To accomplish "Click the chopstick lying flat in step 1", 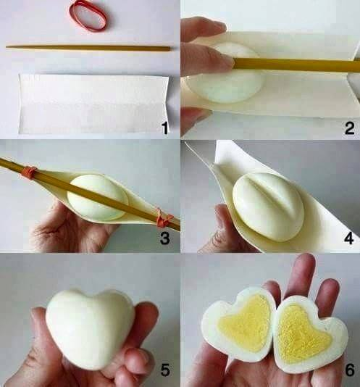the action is [88, 48].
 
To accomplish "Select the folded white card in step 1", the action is [93, 104].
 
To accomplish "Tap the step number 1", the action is [164, 128].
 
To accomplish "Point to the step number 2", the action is [349, 128].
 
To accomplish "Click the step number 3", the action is [165, 238].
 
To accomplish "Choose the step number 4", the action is [348, 238].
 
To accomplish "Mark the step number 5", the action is [165, 370].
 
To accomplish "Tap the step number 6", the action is [350, 370].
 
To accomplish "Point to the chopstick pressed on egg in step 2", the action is [296, 64].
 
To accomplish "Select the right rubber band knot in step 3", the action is [164, 218].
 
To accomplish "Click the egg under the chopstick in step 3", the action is [98, 197].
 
